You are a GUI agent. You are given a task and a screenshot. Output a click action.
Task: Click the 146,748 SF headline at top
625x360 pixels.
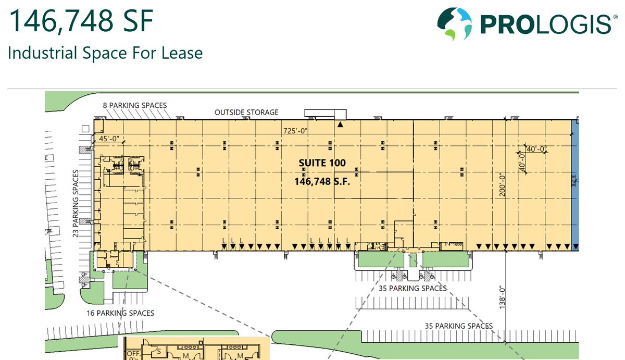pyautogui.click(x=81, y=21)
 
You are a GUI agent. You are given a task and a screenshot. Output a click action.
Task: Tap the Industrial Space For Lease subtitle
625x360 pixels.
pyautogui.click(x=105, y=53)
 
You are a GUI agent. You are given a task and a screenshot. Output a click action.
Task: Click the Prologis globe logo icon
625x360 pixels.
pyautogui.click(x=455, y=24)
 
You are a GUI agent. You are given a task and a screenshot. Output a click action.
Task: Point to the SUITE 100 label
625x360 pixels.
pyautogui.click(x=322, y=163)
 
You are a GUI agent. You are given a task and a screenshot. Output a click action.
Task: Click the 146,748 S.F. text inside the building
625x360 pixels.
pyautogui.click(x=322, y=182)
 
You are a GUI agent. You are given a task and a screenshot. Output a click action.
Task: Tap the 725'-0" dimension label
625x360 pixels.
pyautogui.click(x=295, y=131)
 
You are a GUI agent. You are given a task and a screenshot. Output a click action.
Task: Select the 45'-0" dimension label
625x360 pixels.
pyautogui.click(x=109, y=139)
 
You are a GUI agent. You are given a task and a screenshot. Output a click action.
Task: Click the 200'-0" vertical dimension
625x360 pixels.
pyautogui.click(x=502, y=185)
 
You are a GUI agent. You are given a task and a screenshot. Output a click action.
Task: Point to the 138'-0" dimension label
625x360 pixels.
pyautogui.click(x=502, y=297)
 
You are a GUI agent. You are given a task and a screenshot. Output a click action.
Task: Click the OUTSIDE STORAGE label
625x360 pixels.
pyautogui.click(x=246, y=113)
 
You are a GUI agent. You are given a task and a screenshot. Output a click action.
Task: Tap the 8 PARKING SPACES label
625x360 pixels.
pyautogui.click(x=135, y=105)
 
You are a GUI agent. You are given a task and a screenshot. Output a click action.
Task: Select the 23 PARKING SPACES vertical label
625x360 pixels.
pyautogui.click(x=76, y=203)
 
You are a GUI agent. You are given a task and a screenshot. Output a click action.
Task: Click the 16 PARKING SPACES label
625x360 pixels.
pyautogui.click(x=120, y=313)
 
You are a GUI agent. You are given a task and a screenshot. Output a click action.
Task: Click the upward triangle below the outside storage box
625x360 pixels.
pyautogui.click(x=340, y=125)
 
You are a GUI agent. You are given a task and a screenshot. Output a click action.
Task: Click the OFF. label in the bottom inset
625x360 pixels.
pyautogui.click(x=134, y=354)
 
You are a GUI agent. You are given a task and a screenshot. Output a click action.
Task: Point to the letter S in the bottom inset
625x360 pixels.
pyautogui.click(x=159, y=351)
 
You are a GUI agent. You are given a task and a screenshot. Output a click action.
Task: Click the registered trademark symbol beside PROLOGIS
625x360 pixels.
pyautogui.click(x=615, y=17)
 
